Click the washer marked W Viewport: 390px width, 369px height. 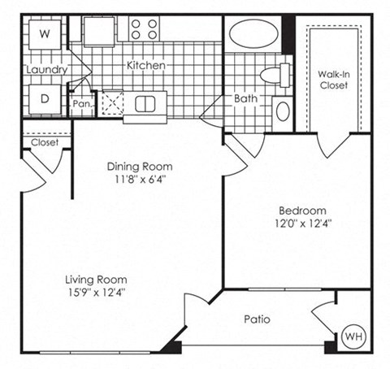click(44, 34)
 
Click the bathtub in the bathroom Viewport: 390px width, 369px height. click(253, 34)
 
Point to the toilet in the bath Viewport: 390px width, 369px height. click(274, 76)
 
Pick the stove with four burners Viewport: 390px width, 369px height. click(145, 29)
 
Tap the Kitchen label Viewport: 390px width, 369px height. click(146, 65)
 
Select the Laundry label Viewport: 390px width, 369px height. click(45, 70)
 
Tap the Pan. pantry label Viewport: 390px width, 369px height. click(81, 104)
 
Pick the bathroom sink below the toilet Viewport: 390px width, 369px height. click(282, 110)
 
